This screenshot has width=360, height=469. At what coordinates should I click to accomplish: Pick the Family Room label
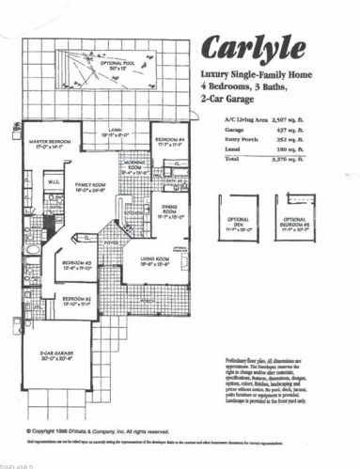[x=90, y=187]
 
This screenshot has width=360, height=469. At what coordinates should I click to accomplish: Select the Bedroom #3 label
[x=77, y=264]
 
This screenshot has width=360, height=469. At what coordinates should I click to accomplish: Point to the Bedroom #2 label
[x=77, y=302]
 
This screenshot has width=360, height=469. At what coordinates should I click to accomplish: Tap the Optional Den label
[x=238, y=222]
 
